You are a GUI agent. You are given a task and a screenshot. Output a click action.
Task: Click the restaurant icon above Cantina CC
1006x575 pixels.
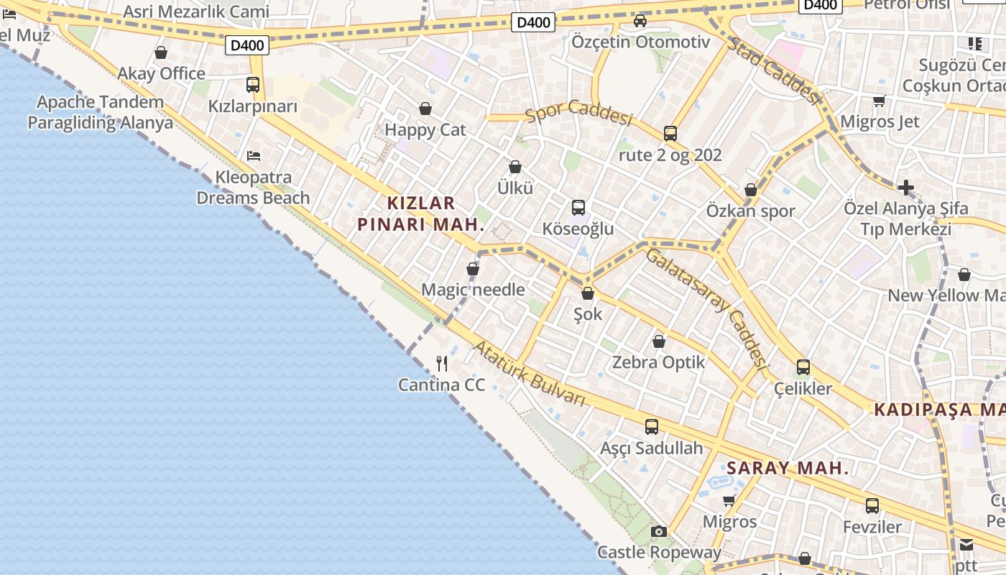(442, 364)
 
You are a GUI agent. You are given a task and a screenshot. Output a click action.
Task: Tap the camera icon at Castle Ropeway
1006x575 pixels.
(658, 532)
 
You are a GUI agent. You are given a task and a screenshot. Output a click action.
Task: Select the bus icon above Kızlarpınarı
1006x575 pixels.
(253, 85)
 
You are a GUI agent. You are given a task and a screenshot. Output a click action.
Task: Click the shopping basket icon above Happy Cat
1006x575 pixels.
(425, 109)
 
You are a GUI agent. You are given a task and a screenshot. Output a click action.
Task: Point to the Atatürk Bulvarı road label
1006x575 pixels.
(529, 374)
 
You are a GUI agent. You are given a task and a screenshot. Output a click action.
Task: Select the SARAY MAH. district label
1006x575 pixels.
(788, 469)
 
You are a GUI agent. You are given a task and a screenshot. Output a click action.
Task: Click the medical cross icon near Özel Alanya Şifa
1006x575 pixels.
(906, 188)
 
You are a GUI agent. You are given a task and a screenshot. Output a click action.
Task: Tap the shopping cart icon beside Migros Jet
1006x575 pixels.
(879, 101)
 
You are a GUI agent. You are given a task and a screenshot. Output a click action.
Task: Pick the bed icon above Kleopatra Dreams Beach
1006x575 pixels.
(253, 155)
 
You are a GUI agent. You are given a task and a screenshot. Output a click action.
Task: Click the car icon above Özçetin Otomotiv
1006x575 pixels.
(640, 21)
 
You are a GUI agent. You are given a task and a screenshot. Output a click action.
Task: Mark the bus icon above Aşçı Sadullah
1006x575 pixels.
(652, 427)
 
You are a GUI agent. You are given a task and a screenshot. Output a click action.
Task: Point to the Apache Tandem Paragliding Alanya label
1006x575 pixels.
(101, 112)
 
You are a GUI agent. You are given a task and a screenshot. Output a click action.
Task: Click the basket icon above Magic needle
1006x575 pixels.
(473, 270)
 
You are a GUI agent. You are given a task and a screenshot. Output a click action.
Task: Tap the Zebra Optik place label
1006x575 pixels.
(659, 362)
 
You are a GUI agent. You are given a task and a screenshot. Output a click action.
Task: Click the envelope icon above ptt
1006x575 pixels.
(966, 544)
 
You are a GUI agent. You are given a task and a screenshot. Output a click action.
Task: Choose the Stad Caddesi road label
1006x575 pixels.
(774, 71)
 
